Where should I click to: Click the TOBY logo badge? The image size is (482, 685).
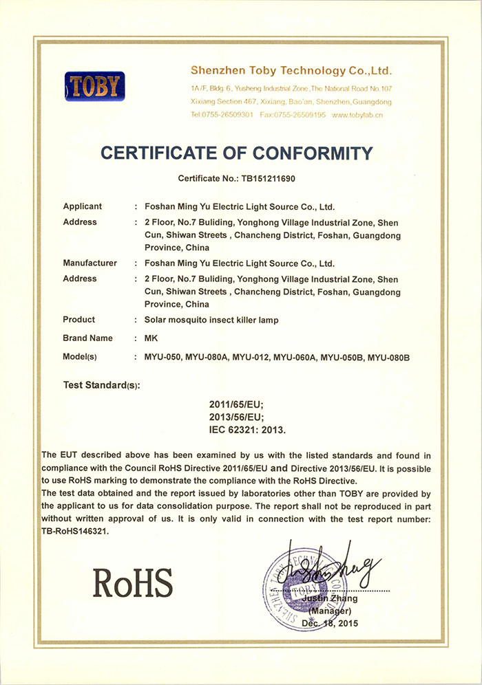(95, 87)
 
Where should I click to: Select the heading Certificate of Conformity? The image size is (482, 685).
(237, 153)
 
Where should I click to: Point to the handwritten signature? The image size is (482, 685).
(337, 570)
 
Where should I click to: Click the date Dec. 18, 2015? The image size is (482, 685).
(331, 623)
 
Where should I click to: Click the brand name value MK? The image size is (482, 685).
(151, 338)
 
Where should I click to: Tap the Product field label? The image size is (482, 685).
(78, 320)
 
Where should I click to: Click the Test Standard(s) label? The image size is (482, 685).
(101, 384)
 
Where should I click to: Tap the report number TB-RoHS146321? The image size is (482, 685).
(75, 532)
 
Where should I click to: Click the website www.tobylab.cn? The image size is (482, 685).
(357, 115)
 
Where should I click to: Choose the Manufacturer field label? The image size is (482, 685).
(90, 263)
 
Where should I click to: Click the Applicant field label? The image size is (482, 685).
(83, 206)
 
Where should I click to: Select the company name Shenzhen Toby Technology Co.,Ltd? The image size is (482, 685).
(291, 71)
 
